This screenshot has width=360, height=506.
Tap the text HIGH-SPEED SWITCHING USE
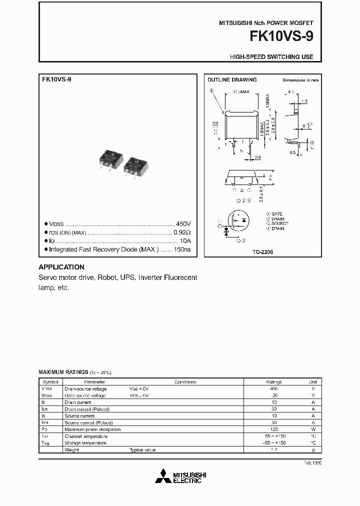pyautogui.click(x=271, y=57)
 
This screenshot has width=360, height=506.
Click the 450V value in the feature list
pyautogui.click(x=183, y=224)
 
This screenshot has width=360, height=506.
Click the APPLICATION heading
pyautogui.click(x=61, y=267)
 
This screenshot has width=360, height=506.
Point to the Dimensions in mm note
pyautogui.click(x=300, y=80)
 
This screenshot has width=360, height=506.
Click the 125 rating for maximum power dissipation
pyautogui.click(x=273, y=429)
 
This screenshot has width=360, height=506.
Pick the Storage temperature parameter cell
pyautogui.click(x=85, y=443)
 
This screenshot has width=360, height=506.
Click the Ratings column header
pyautogui.click(x=273, y=381)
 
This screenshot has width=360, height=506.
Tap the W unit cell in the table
pyautogui.click(x=313, y=429)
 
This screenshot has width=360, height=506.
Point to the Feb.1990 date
pyautogui.click(x=312, y=463)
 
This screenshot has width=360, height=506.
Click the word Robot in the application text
pyautogui.click(x=107, y=277)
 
